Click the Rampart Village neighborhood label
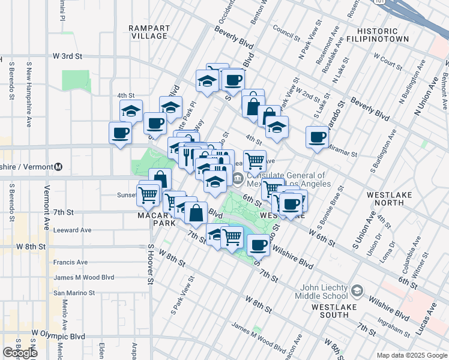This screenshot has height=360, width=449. coord(148,32)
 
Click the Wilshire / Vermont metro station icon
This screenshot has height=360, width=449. coord(59,167)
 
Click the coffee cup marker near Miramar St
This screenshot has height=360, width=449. coord(317,137)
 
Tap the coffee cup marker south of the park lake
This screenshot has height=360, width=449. coord(259,244)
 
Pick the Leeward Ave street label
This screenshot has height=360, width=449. coord(72,230)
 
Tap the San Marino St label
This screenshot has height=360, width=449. coord(75,293)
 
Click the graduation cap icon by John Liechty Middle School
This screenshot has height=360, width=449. coord(357,291)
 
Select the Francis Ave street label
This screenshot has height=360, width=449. coord(70,262)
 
